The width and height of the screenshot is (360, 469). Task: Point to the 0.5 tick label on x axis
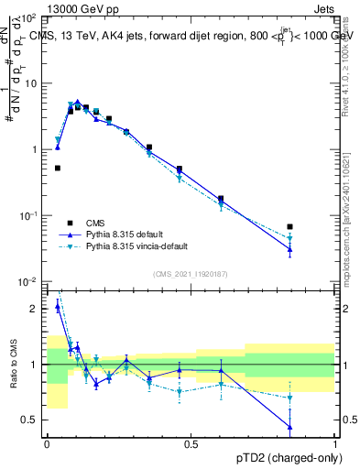191,444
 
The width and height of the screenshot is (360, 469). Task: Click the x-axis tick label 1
334,444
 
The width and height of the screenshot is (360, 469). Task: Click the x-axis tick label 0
47,444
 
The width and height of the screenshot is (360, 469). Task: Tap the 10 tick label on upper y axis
30,82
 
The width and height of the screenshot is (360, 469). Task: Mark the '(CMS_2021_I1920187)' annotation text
191,274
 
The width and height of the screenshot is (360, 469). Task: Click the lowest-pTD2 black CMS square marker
57,168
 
